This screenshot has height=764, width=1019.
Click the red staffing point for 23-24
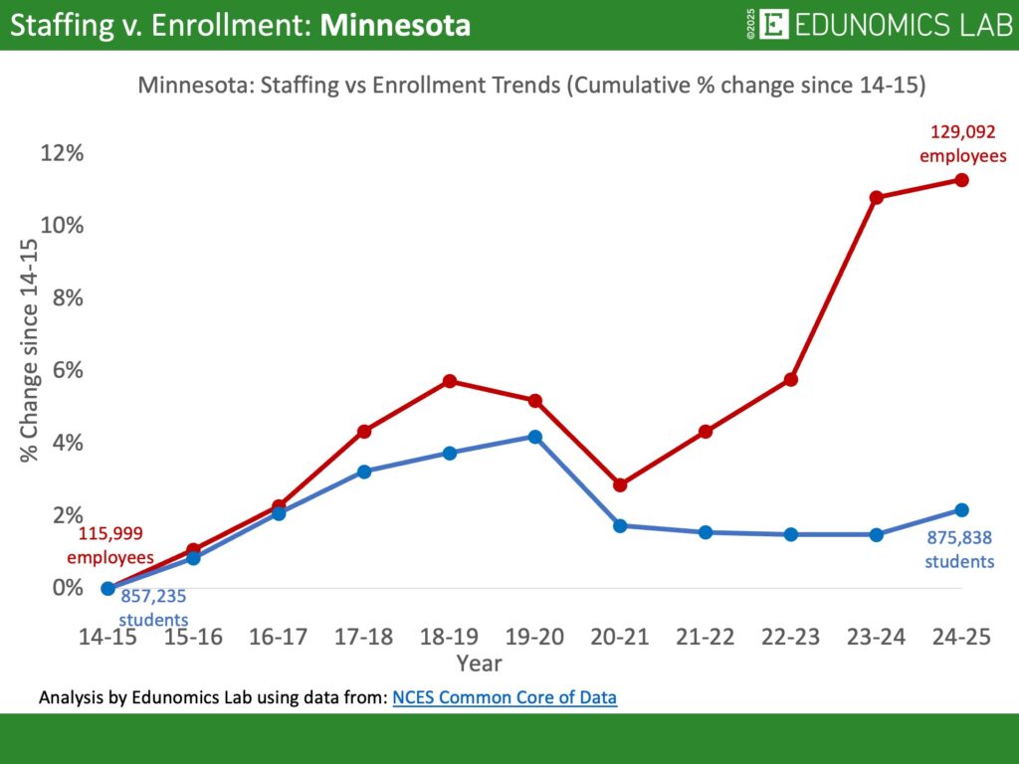tap(876, 197)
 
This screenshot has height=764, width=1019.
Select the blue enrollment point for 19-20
tap(534, 437)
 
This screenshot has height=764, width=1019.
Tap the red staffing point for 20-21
tap(620, 484)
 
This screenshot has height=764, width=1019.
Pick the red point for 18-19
tap(449, 381)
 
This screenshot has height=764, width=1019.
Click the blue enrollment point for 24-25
tap(961, 510)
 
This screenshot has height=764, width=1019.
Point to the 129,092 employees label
tap(961, 142)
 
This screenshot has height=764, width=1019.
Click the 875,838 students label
tap(959, 549)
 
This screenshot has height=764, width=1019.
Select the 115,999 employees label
tap(116, 545)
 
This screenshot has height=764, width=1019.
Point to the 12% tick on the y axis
tap(62, 153)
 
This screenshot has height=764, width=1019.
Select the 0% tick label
tap(68, 587)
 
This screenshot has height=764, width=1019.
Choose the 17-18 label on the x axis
tap(363, 638)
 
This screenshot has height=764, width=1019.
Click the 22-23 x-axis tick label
tap(790, 638)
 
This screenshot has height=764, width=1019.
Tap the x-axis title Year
tap(479, 663)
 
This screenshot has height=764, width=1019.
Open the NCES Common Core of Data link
tap(505, 697)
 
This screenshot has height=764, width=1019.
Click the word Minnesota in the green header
tap(395, 25)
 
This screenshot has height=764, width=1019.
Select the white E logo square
tap(773, 25)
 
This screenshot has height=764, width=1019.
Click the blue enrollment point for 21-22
tap(706, 532)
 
